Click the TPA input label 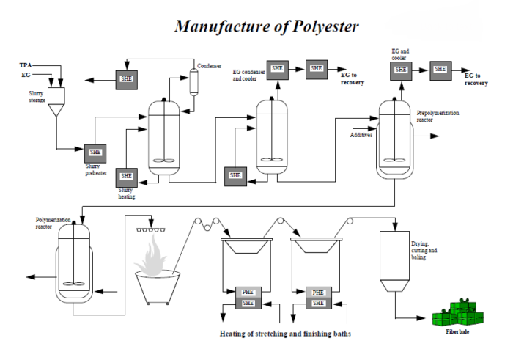tap(25, 65)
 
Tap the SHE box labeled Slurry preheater tap(95, 152)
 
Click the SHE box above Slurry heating tap(126, 176)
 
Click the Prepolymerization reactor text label tap(440, 118)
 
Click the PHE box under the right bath tap(319, 292)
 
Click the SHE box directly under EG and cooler tap(401, 69)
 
